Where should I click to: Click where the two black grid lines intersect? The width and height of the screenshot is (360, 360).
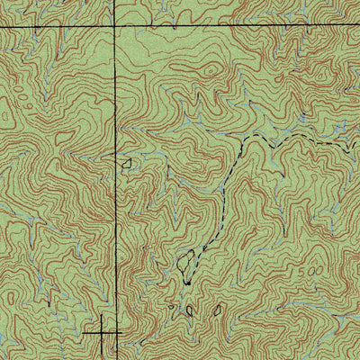115,28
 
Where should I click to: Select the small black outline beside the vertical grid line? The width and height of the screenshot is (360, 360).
127,162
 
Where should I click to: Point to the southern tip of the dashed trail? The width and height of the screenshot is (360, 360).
186,283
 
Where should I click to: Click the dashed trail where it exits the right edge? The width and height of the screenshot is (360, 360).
358,144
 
